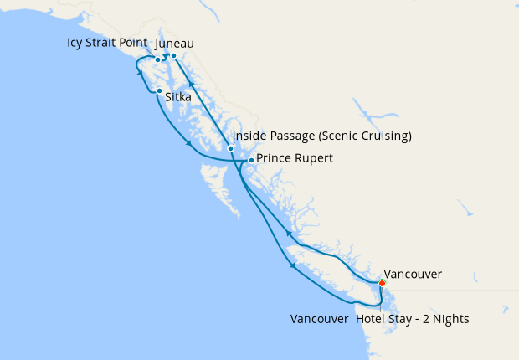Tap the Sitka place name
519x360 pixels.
[x=178, y=97]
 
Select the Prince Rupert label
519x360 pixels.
[x=295, y=158]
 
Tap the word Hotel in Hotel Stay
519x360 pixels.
[x=371, y=319]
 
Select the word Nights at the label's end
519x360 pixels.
[x=450, y=319]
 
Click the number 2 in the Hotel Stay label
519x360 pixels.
[x=424, y=319]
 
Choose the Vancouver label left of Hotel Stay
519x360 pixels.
[x=319, y=319]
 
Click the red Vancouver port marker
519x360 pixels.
[x=382, y=283]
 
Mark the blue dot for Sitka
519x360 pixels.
[x=159, y=90]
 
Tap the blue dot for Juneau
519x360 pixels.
[x=173, y=56]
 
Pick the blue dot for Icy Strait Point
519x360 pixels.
[x=157, y=59]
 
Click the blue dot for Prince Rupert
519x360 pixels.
[x=251, y=159]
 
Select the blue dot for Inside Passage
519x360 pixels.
[x=230, y=148]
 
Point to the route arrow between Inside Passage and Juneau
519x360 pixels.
[x=191, y=84]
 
